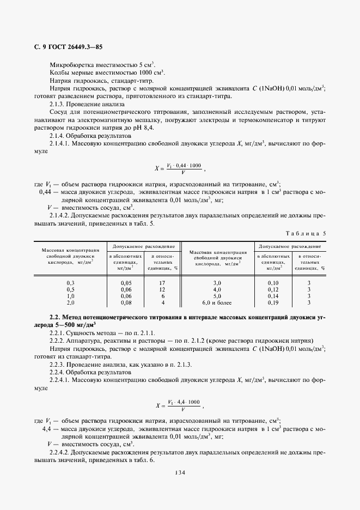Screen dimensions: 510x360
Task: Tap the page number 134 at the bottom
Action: (180, 472)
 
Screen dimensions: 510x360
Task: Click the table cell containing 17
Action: (162, 283)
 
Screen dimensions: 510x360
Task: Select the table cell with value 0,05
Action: (126, 283)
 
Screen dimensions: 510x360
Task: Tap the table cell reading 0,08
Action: (126, 302)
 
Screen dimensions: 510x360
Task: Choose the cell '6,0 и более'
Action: (217, 302)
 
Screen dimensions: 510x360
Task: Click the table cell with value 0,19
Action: (273, 302)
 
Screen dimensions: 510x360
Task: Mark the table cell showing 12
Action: (162, 290)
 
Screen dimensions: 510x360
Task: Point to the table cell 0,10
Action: (273, 283)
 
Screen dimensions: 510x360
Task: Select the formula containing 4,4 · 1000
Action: (180, 405)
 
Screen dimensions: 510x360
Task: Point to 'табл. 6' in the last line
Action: (144, 460)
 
